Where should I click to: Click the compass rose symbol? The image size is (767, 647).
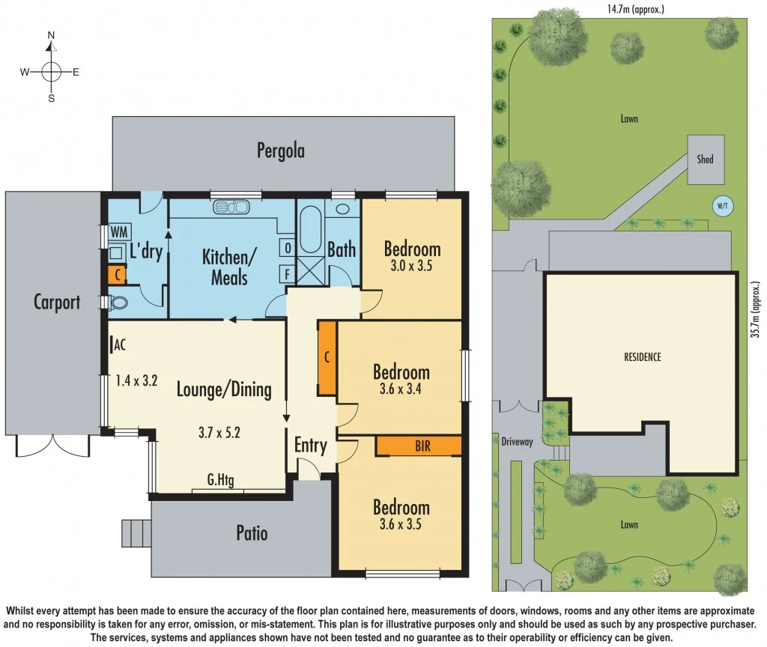click(51, 71)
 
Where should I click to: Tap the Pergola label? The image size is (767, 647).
click(281, 151)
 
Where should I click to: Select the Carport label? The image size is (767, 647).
click(57, 302)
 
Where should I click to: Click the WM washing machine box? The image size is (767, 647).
click(118, 232)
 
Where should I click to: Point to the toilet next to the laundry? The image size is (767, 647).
click(118, 303)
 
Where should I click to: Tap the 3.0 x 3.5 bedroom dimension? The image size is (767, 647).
click(412, 265)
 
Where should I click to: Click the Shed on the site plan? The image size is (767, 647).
click(706, 160)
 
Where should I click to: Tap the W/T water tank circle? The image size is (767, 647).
click(723, 205)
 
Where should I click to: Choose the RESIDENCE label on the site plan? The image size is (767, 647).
click(643, 357)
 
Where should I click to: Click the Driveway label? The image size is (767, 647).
click(517, 442)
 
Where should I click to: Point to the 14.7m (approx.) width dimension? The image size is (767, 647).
click(636, 10)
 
